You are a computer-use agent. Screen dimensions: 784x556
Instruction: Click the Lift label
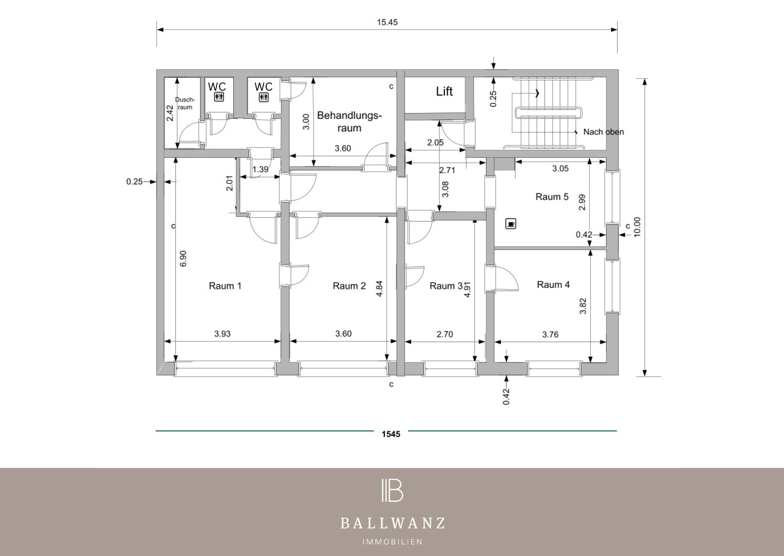(444, 91)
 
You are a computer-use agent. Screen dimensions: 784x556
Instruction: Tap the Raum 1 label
(225, 286)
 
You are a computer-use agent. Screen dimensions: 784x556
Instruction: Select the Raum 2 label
(349, 286)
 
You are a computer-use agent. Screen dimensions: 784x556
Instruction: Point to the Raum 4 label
(553, 284)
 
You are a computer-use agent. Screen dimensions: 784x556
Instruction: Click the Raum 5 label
(552, 196)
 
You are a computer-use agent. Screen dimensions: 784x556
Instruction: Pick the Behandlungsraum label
(349, 122)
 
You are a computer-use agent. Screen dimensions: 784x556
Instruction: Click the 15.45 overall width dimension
(387, 22)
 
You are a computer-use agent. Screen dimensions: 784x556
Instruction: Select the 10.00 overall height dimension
(637, 227)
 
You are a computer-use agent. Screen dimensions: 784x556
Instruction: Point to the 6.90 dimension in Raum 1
(183, 259)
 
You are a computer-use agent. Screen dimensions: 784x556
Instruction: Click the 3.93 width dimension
(222, 334)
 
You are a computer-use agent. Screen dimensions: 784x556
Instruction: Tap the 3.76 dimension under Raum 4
(550, 334)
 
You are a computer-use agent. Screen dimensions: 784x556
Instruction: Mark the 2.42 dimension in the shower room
(170, 113)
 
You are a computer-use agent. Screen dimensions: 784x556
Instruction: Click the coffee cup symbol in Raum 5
(510, 223)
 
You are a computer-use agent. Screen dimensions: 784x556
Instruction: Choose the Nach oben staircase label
(603, 132)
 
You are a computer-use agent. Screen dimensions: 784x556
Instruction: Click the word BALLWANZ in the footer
(392, 523)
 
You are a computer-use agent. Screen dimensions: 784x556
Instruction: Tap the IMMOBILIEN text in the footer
(392, 542)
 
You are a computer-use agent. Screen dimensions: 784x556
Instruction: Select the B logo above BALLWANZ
(392, 490)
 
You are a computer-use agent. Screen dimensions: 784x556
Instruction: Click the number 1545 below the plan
(391, 434)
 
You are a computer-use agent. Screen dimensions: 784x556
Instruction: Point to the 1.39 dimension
(261, 169)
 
